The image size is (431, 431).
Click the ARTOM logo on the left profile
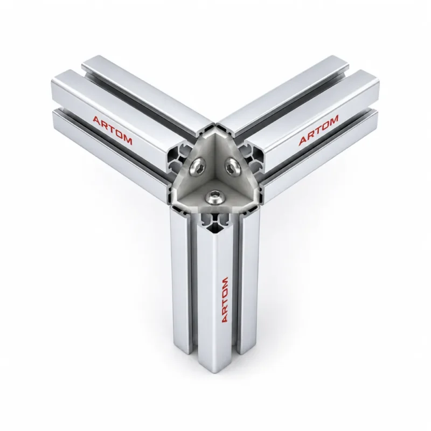[113, 130]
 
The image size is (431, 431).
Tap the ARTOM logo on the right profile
[318, 130]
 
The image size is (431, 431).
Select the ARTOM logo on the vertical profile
[225, 300]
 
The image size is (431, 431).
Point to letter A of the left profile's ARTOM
[96, 120]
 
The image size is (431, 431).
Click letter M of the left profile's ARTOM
[128, 141]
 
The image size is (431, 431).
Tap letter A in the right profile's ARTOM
[303, 141]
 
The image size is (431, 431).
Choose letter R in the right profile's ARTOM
[311, 136]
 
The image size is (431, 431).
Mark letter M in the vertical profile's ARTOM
[225, 282]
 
